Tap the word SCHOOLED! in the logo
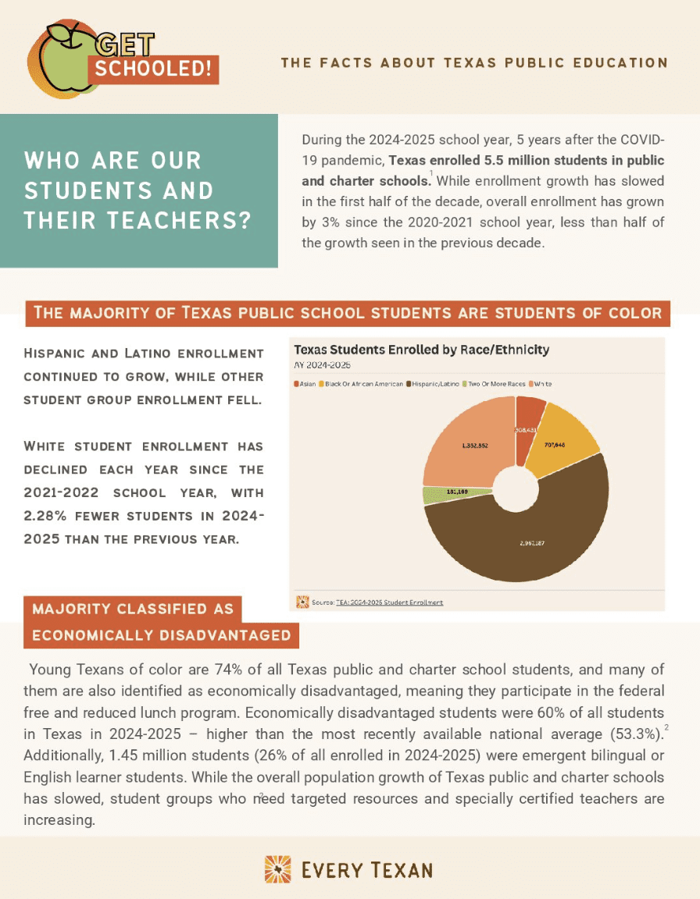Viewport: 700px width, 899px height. (x=154, y=69)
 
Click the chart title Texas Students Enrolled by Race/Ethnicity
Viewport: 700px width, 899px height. (x=421, y=350)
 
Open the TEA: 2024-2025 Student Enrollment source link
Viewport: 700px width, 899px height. (x=389, y=602)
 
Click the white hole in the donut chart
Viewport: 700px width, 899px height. (x=516, y=489)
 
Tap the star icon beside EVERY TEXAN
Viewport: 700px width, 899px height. (x=278, y=869)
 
